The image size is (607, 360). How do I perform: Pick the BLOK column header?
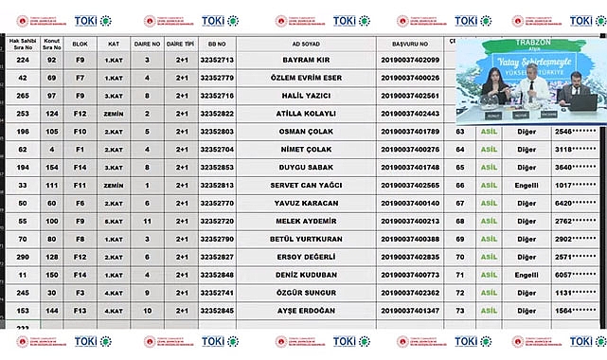pos(80,44)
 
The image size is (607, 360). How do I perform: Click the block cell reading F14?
pos(80,275)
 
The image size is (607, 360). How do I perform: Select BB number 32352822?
pos(217,114)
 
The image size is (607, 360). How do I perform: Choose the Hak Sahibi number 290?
pos(22,257)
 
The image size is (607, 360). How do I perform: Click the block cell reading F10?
pos(80,132)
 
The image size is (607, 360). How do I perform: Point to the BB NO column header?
pos(217,44)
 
